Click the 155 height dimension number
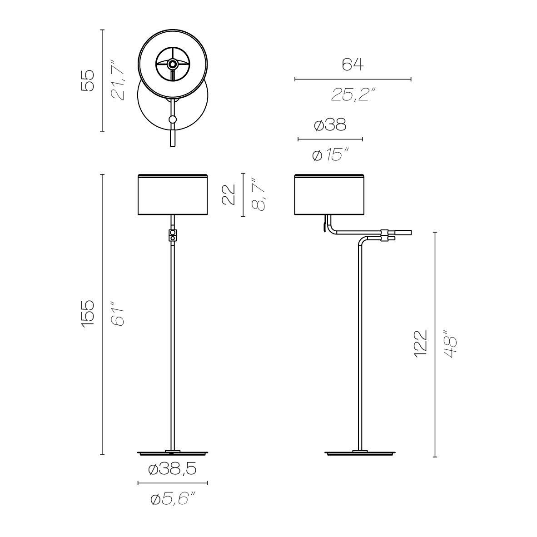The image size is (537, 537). pyautogui.click(x=88, y=314)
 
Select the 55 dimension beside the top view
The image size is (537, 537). pyautogui.click(x=87, y=80)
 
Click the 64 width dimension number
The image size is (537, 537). pyautogui.click(x=353, y=64)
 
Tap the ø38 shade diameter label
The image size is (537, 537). pyautogui.click(x=330, y=124)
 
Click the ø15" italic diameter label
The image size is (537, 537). pyautogui.click(x=331, y=155)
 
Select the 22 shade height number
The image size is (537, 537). pyautogui.click(x=229, y=194)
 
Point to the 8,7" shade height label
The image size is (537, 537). pyautogui.click(x=259, y=194)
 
